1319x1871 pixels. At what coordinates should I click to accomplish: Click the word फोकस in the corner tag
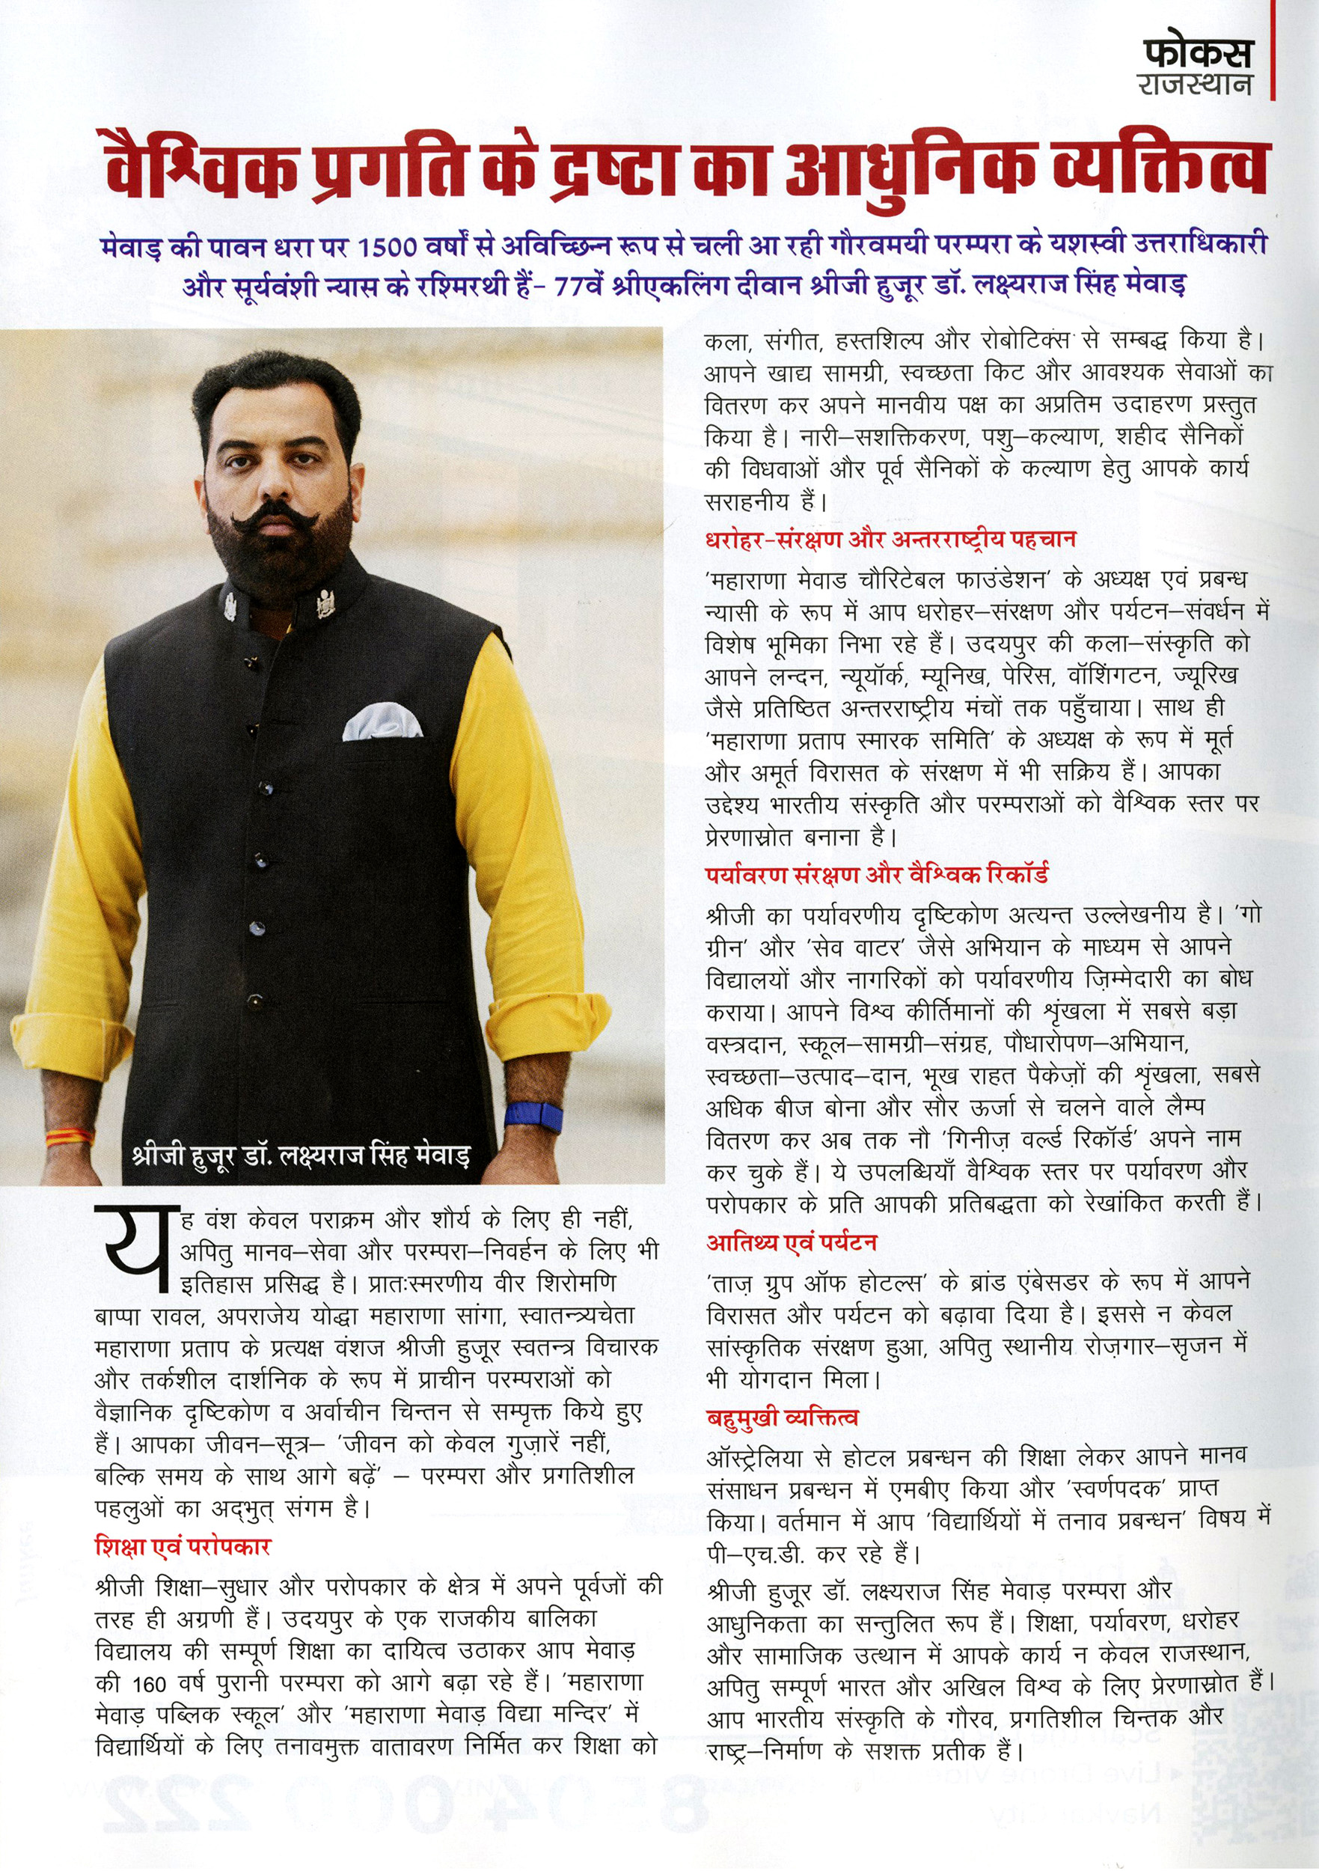[x=1197, y=53]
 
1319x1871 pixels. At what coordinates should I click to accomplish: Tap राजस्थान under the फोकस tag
[x=1196, y=85]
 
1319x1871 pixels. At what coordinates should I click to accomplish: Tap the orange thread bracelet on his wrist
[x=70, y=1136]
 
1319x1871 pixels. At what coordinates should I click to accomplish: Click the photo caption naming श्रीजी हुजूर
[x=301, y=1156]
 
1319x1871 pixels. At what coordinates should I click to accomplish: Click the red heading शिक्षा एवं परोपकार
[x=183, y=1547]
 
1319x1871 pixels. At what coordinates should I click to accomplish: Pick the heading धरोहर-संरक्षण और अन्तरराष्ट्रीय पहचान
[x=890, y=540]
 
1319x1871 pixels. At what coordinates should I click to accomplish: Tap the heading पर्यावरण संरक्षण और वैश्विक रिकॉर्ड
[x=877, y=875]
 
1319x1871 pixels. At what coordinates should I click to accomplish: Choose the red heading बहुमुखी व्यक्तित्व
[x=783, y=1419]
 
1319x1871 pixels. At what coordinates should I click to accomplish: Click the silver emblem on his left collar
[x=326, y=603]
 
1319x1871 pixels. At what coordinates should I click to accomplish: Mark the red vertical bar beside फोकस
[x=1273, y=51]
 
